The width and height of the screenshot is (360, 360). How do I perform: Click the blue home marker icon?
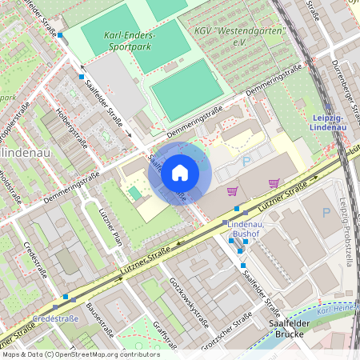pyautogui.click(x=180, y=173)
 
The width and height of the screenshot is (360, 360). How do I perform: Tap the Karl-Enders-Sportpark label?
pyautogui.click(x=130, y=42)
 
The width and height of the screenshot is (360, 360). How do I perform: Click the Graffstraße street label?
pyautogui.click(x=166, y=335)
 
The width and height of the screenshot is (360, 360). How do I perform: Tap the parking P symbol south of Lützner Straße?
pyautogui.click(x=326, y=212)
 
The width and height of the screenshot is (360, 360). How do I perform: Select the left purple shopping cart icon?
pyautogui.click(x=233, y=190)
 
